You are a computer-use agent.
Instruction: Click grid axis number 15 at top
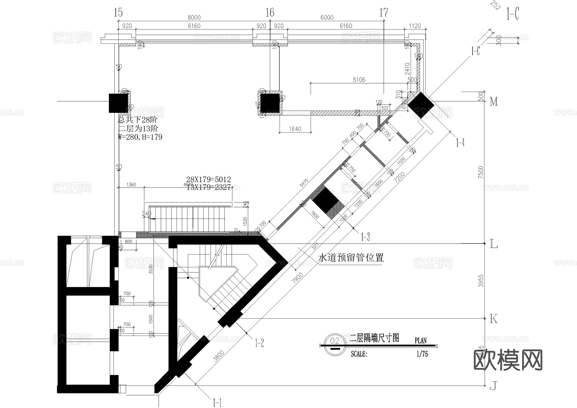[118, 12]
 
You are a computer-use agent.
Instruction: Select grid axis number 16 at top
[270, 12]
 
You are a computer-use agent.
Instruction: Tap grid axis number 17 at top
[384, 12]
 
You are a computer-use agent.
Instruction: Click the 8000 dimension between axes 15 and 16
[194, 18]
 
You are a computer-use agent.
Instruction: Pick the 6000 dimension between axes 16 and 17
[327, 18]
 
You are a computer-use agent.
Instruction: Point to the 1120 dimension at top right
[415, 26]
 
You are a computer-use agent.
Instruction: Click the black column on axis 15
[118, 103]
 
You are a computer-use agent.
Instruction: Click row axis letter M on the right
[494, 102]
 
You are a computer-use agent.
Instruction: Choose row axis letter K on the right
[494, 319]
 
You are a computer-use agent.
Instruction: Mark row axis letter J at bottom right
[494, 387]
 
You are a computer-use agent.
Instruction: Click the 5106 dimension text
[359, 80]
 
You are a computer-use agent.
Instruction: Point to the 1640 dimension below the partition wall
[295, 129]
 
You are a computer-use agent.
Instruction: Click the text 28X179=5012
[209, 179]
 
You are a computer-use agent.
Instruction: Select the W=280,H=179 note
[140, 137]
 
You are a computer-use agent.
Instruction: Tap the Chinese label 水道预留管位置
[351, 258]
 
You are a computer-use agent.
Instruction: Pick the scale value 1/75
[422, 354]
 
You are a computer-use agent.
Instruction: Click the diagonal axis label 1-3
[365, 237]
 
